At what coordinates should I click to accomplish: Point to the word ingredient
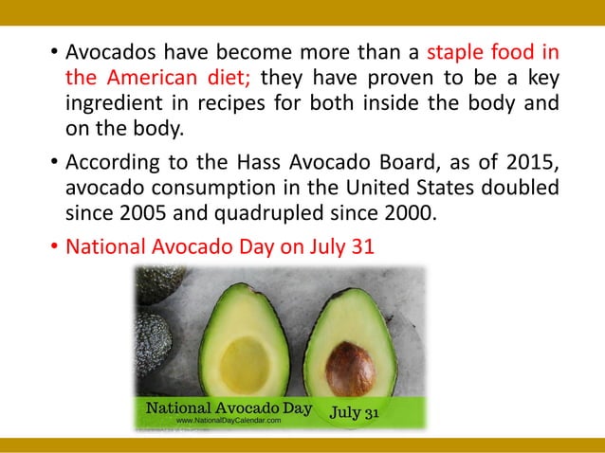click(112, 102)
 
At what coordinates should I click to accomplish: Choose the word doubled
click(520, 187)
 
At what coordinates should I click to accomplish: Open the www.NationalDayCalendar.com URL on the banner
click(235, 420)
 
